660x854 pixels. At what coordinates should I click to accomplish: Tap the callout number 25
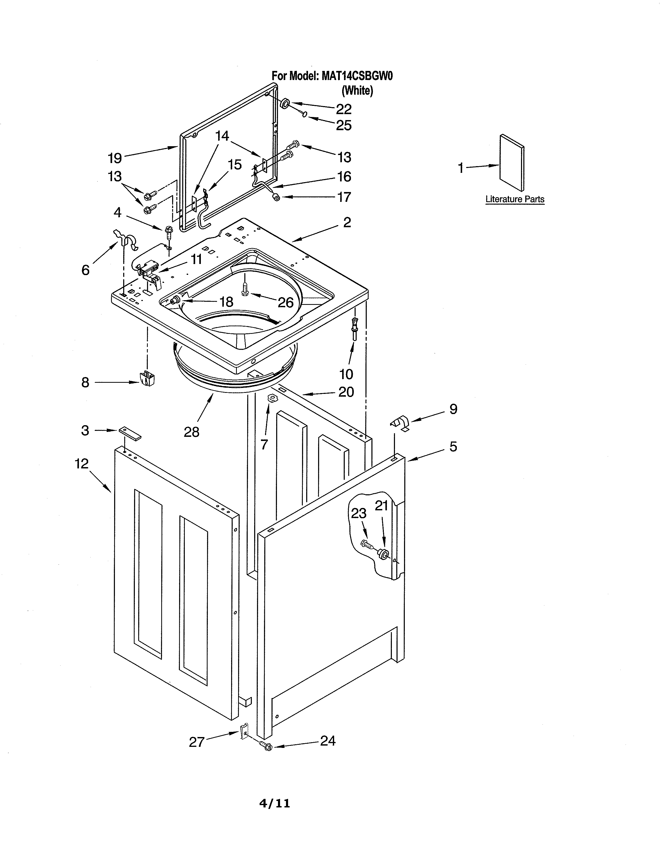344,125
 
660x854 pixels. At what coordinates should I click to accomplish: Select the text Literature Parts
515,199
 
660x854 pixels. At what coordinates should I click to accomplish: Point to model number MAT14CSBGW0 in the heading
357,76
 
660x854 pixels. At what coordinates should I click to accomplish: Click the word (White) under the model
357,91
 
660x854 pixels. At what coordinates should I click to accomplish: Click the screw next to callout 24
266,746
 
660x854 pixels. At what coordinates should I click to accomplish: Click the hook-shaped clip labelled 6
125,240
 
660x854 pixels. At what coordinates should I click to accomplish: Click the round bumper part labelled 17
276,197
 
